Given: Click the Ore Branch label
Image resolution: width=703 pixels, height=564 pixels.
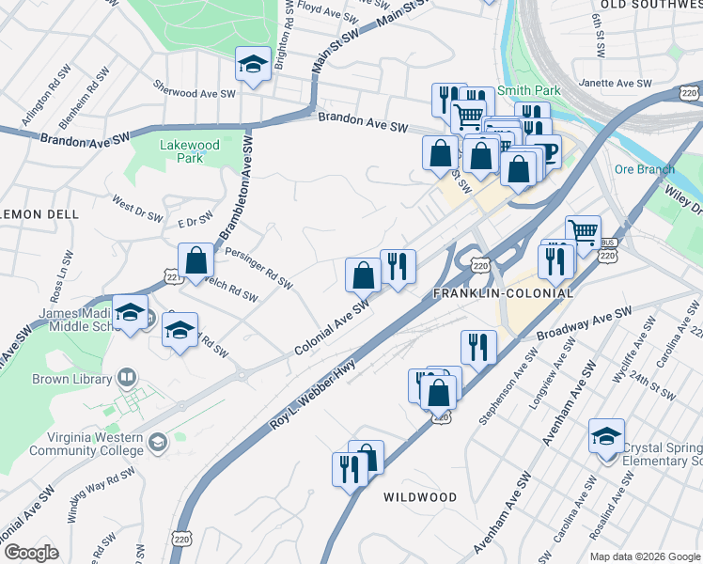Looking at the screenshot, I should pos(644,169).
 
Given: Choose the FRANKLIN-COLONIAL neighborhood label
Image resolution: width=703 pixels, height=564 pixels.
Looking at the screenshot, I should pos(502,293).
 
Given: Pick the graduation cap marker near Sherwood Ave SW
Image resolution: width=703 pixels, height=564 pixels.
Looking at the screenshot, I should pos(252,65).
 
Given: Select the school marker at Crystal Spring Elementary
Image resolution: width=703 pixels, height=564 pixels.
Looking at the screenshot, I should pos(606,437).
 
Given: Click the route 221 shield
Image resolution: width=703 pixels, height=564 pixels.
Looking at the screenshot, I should pos(172,277).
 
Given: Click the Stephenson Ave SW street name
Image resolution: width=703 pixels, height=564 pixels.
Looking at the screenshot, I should pos(505,385).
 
